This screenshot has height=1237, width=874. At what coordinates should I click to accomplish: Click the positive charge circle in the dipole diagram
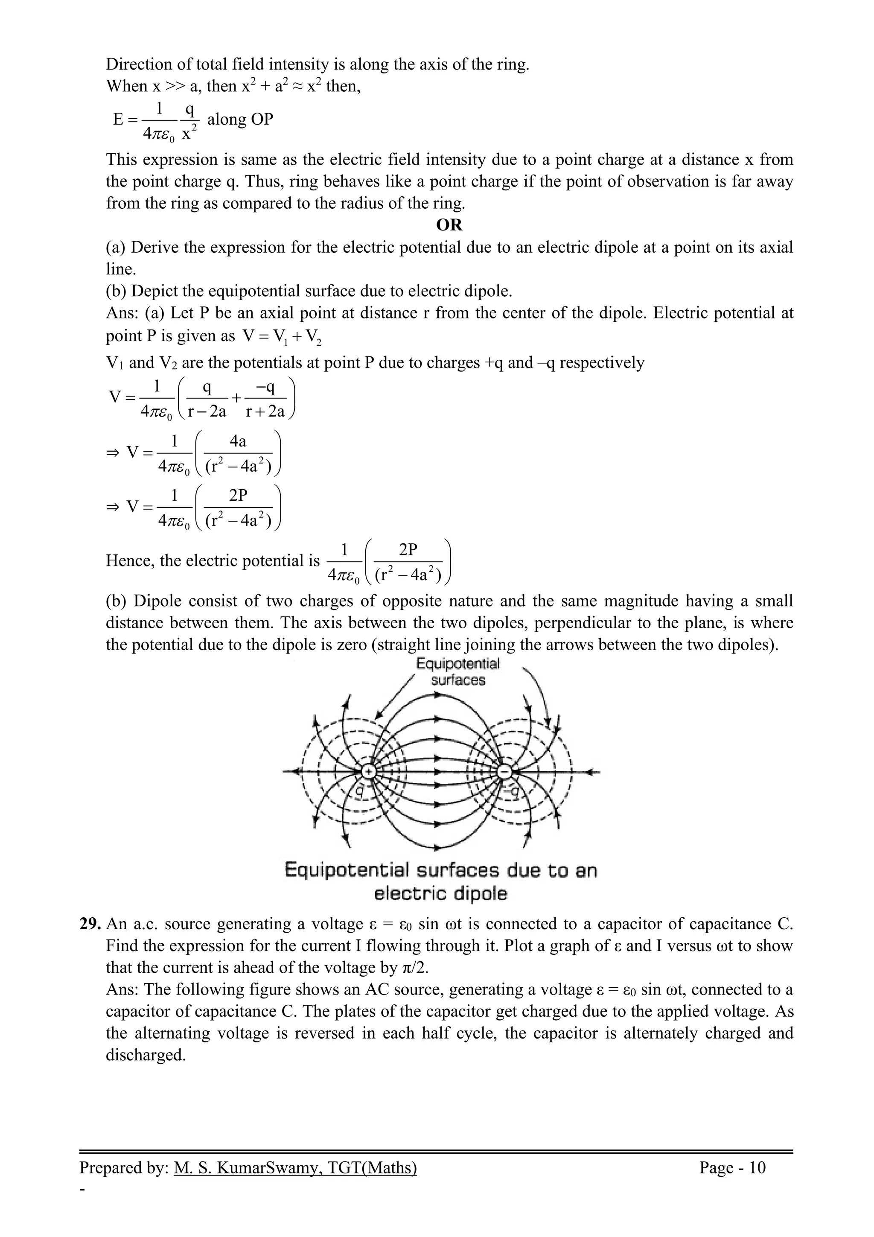(x=368, y=771)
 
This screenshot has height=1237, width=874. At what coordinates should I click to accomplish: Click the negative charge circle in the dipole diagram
(x=504, y=771)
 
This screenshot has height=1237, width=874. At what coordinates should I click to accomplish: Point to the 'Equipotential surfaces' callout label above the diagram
(x=458, y=672)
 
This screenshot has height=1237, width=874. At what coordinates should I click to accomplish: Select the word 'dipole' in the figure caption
(x=481, y=894)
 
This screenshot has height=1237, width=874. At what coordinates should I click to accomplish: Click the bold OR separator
(x=449, y=225)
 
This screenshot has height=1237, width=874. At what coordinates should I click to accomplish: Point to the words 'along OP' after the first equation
(x=240, y=119)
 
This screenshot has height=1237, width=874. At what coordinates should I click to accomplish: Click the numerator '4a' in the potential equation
(x=238, y=442)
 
